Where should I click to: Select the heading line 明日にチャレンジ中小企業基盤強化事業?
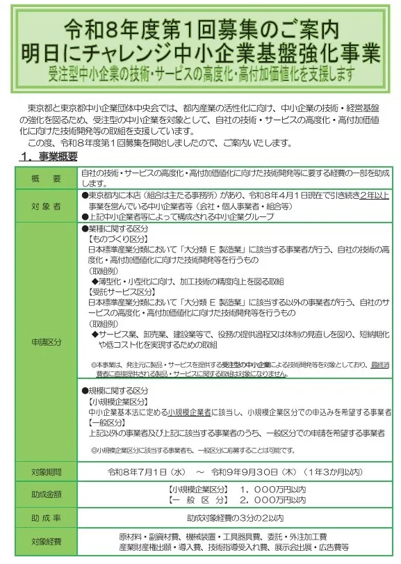pyautogui.click(x=200, y=52)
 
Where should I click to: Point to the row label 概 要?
pyautogui.click(x=46, y=179)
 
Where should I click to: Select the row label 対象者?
pyautogui.click(x=46, y=207)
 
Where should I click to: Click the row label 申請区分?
pyautogui.click(x=46, y=341)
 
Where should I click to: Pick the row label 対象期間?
pyautogui.click(x=46, y=472)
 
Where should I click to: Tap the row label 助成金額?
pyautogui.click(x=46, y=494)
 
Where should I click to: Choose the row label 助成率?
pyautogui.click(x=46, y=517)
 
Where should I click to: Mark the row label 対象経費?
pyautogui.click(x=46, y=541)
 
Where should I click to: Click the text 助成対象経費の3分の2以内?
pyautogui.click(x=235, y=517)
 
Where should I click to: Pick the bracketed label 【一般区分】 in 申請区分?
pyautogui.click(x=106, y=422)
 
